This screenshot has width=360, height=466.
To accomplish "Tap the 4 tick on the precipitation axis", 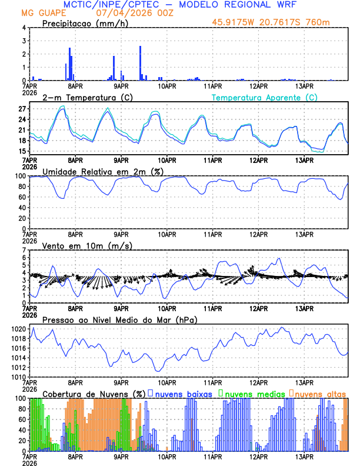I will point(24,28).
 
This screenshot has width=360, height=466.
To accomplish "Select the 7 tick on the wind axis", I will point(24,251).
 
